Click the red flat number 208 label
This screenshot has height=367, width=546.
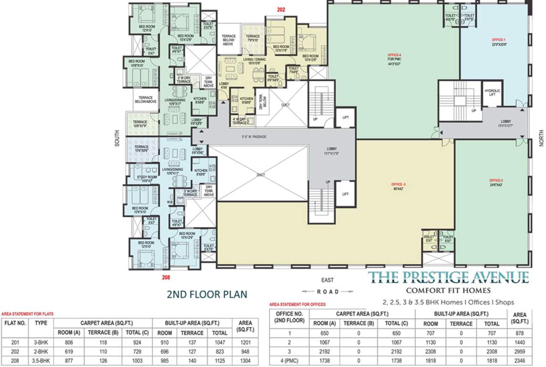(165, 277)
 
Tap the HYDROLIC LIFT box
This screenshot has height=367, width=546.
(492, 93)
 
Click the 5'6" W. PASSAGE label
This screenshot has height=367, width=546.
(254, 137)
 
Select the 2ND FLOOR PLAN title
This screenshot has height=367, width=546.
(207, 294)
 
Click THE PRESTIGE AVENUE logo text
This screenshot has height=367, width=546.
(450, 277)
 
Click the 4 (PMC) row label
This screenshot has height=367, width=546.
(289, 361)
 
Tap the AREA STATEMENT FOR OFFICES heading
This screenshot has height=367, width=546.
(298, 304)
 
